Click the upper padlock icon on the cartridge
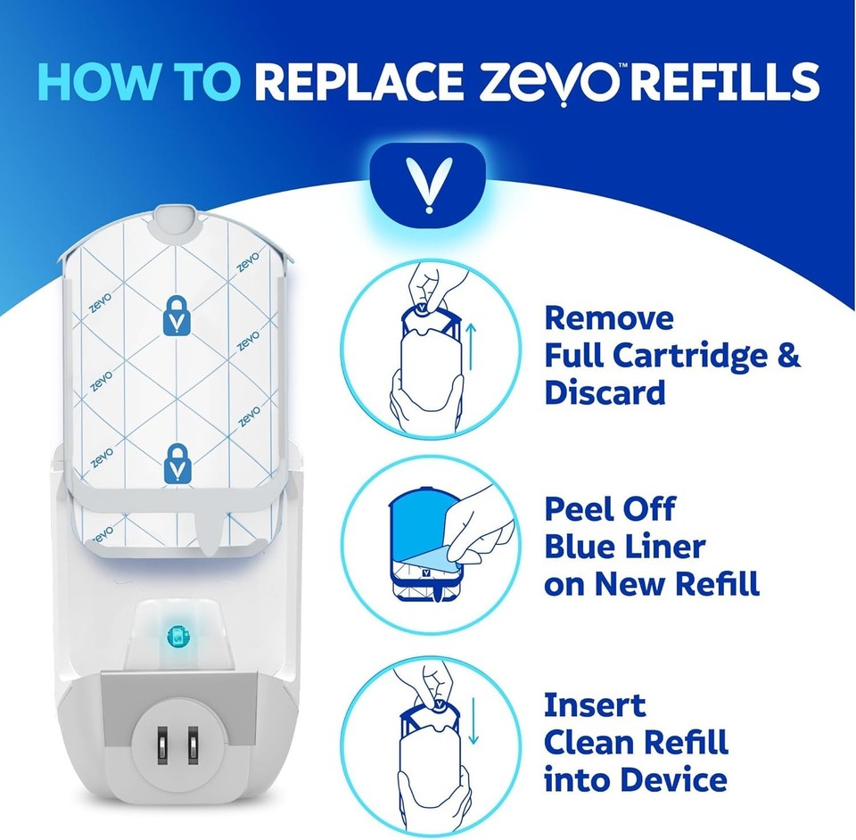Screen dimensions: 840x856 tap(178, 315)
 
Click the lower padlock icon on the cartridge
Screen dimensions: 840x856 tap(178, 464)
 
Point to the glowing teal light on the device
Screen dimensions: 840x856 tap(177, 635)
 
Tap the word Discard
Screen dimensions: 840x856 tap(605, 393)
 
